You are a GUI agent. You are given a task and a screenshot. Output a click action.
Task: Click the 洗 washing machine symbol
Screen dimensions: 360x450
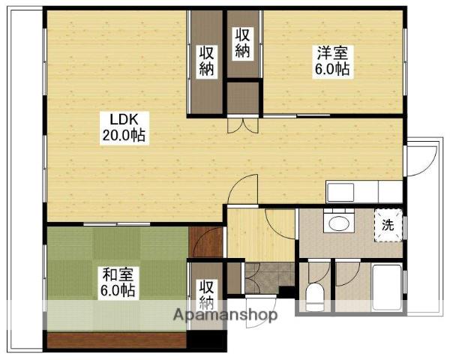(388, 224)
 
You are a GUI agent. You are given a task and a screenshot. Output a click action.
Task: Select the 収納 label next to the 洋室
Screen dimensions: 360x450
(242, 43)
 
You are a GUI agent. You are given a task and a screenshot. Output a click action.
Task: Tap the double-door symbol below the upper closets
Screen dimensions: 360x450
(243, 125)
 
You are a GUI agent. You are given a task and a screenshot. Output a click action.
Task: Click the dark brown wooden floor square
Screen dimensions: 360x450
(206, 241)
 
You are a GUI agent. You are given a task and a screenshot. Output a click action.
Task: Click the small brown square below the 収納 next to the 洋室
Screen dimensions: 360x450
(242, 97)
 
